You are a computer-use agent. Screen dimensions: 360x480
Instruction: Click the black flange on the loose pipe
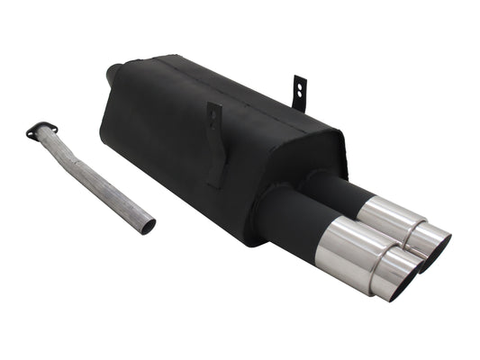(x=41, y=130)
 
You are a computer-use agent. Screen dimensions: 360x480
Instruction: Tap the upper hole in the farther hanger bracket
(x=300, y=85)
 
